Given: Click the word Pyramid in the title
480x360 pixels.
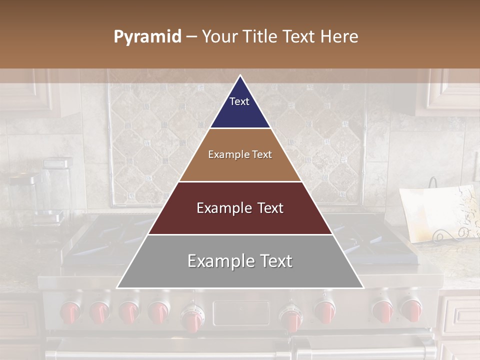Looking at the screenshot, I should [147, 37].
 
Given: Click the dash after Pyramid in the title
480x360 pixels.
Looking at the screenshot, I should [191, 37].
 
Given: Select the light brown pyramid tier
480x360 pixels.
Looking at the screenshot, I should [240, 167].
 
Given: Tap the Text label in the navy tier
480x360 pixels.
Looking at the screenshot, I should [239, 101].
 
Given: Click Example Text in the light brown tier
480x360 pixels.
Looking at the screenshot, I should [240, 154].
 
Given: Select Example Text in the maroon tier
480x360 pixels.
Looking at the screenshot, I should [240, 208].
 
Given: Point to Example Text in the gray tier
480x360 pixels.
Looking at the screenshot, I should [240, 261].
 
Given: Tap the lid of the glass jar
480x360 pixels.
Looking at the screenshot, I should [57, 163].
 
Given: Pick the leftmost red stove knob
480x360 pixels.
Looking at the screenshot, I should [69, 312].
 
